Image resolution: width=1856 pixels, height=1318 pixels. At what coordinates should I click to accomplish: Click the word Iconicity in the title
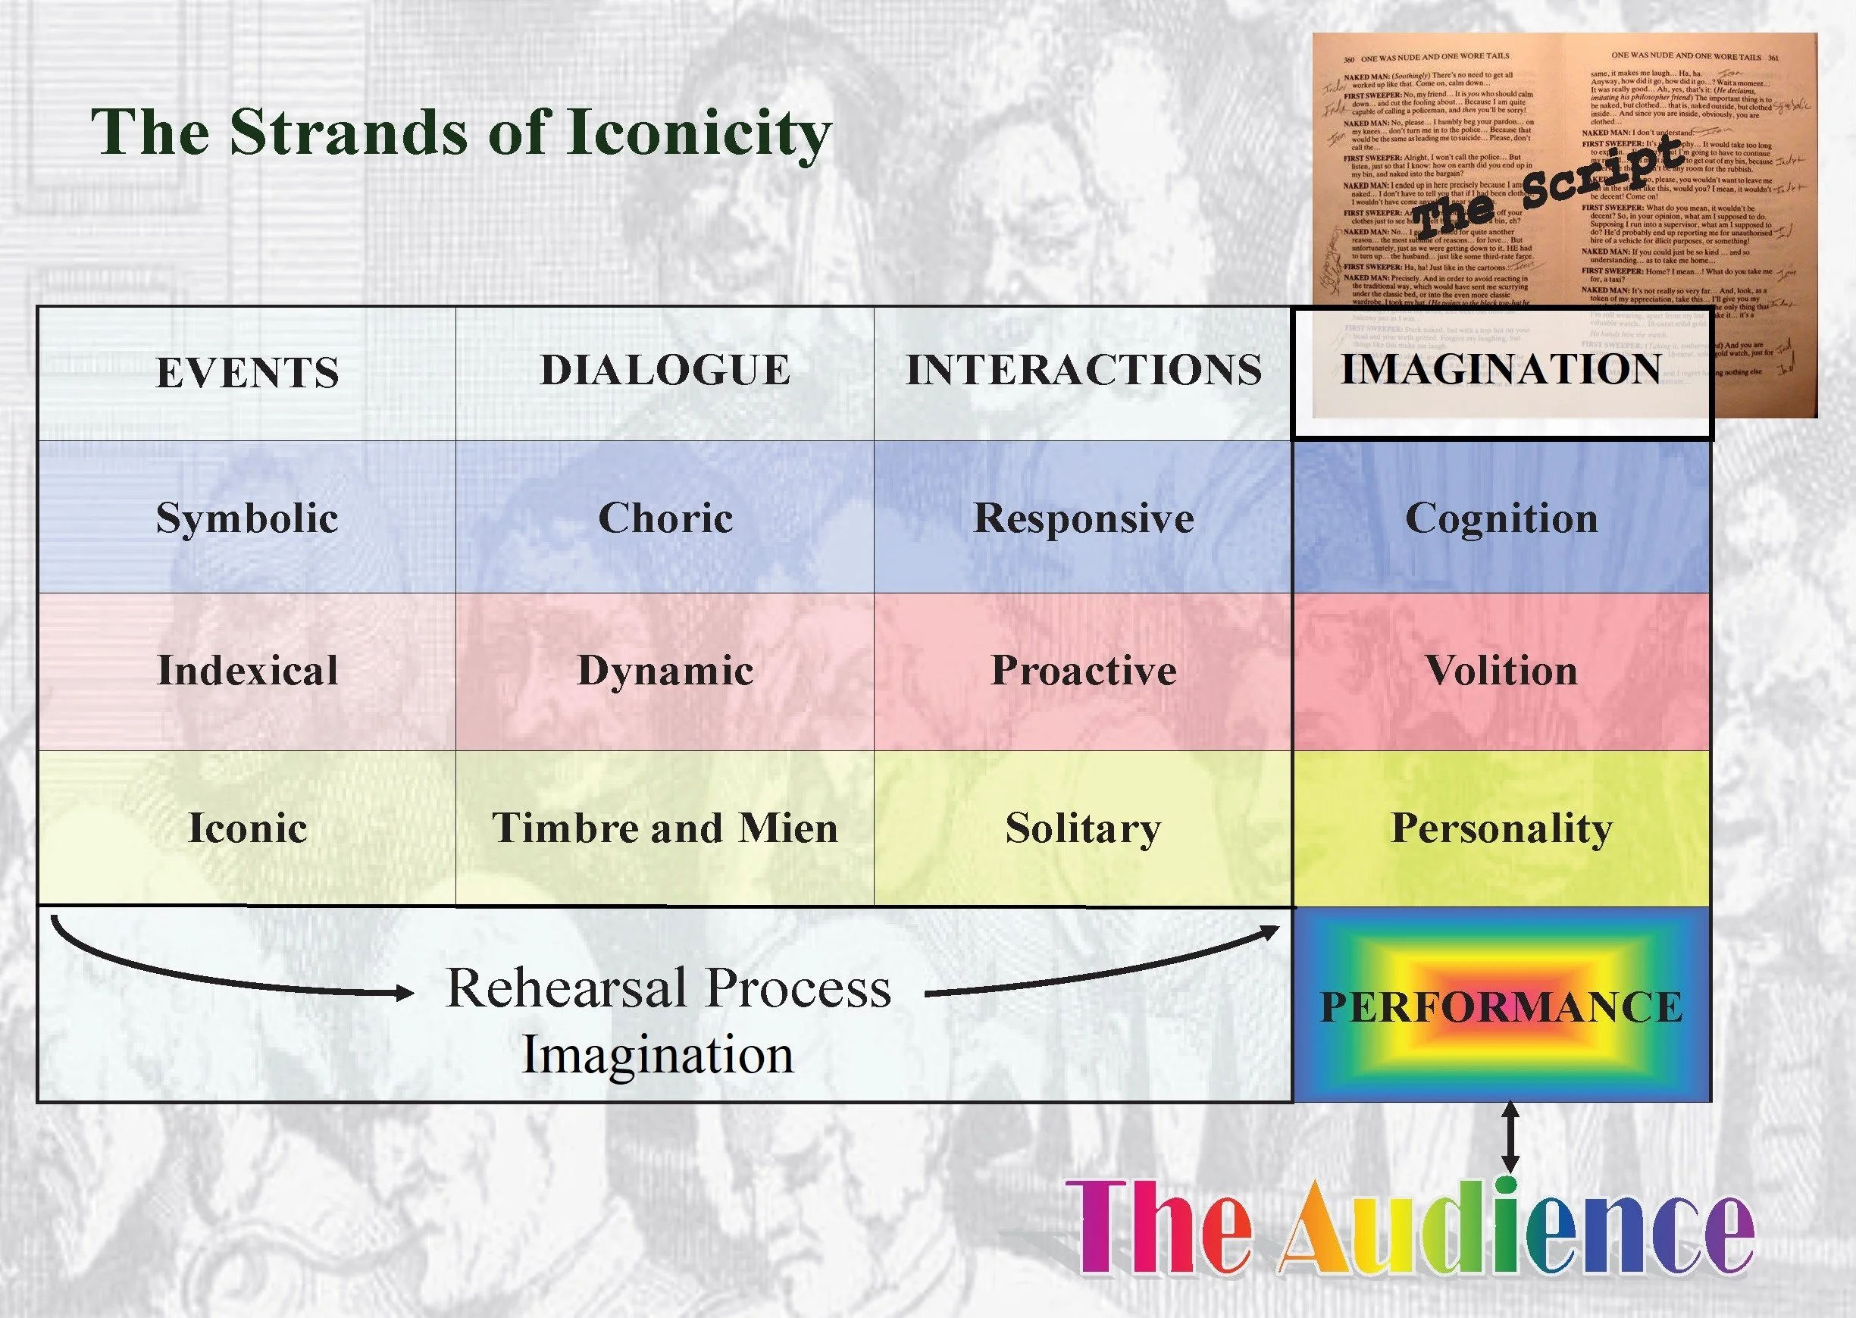click(x=699, y=133)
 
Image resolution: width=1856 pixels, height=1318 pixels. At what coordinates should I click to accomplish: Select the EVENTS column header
click(x=247, y=373)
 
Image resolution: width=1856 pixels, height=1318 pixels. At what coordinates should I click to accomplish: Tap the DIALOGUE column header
click(x=665, y=370)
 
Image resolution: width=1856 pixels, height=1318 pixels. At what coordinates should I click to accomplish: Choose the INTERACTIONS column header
click(x=1084, y=370)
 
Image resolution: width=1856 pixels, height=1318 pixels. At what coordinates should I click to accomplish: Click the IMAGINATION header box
click(x=1501, y=370)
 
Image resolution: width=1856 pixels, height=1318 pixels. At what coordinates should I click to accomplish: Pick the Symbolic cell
click(x=247, y=518)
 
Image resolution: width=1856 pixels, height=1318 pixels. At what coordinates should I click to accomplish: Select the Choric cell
click(x=665, y=518)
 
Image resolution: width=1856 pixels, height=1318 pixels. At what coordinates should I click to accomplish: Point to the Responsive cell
click(x=1084, y=518)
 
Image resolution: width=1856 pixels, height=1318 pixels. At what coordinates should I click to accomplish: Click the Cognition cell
click(x=1501, y=518)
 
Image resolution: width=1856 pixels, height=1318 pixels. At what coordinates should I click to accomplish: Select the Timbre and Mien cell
click(x=665, y=828)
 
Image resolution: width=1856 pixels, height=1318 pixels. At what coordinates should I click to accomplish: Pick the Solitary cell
click(x=1084, y=828)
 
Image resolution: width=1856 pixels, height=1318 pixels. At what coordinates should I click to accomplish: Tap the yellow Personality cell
click(x=1501, y=828)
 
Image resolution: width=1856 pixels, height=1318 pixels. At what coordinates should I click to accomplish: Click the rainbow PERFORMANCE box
click(x=1501, y=1007)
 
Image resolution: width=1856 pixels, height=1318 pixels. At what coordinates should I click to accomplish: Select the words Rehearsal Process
click(x=668, y=988)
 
